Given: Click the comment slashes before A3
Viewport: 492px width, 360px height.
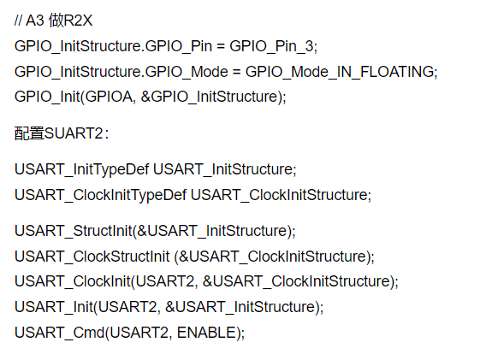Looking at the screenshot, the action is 18,21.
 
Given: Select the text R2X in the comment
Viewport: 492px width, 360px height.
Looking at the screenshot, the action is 78,21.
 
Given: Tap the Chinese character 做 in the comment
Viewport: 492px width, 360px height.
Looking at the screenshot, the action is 56,21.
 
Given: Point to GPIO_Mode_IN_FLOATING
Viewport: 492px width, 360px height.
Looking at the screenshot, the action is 340,72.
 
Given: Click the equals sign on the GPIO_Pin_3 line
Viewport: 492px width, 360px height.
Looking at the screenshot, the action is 221,46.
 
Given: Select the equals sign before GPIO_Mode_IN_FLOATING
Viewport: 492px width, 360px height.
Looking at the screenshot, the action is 236,72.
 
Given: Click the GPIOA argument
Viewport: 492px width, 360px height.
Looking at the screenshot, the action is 109,97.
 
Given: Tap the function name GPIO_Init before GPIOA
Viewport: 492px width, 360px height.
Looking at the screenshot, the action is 47,97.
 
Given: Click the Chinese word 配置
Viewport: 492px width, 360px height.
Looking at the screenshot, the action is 29,133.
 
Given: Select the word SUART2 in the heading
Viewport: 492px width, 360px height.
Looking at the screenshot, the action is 74,133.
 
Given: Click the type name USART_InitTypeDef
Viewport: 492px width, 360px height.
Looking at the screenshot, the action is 81,169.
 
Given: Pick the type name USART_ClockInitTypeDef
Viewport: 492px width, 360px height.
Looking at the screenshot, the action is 100,195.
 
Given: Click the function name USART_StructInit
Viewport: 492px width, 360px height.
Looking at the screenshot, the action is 74,231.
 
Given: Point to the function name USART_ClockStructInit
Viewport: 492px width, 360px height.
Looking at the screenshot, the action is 92,257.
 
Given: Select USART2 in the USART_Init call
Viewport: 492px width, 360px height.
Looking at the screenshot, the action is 127,307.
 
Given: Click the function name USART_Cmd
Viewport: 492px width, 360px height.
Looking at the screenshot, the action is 59,333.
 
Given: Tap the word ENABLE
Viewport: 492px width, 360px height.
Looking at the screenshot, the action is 206,333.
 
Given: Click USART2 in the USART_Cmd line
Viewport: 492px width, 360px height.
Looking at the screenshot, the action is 139,333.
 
